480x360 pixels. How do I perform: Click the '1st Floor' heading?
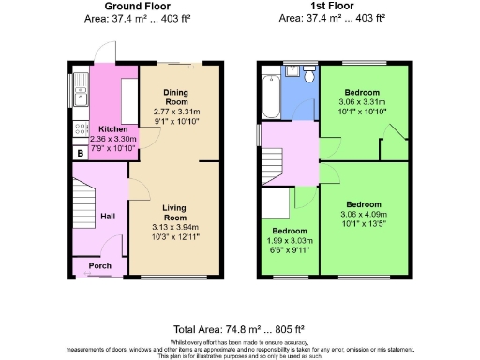click(333, 7)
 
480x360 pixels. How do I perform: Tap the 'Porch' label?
click(100, 265)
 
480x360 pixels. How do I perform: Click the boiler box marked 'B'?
click(80, 152)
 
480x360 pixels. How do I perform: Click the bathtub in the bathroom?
click(270, 97)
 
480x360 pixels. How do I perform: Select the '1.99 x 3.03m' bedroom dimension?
click(290, 241)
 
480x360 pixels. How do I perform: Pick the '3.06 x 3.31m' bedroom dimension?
click(361, 101)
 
